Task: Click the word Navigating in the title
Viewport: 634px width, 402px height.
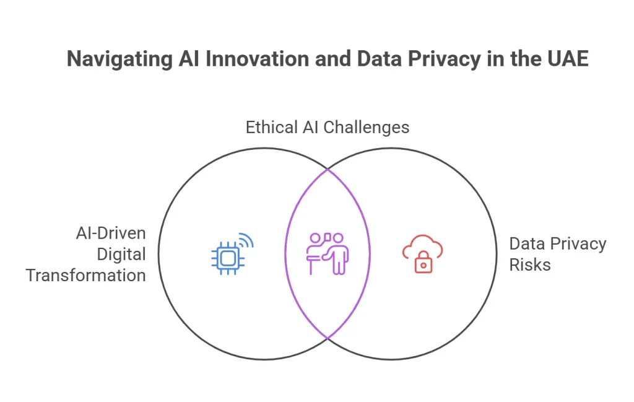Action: (119, 59)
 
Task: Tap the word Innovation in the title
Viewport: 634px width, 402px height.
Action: (257, 58)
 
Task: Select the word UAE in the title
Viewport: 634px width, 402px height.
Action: (568, 58)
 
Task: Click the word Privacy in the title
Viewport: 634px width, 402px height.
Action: (445, 59)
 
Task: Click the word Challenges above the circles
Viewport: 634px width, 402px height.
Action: (367, 128)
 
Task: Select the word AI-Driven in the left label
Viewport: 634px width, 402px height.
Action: (111, 234)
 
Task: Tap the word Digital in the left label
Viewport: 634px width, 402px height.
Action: (121, 255)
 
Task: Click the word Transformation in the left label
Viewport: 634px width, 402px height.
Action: (85, 276)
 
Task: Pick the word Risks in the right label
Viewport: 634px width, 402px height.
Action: (530, 265)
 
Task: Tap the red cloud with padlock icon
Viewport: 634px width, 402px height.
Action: (422, 254)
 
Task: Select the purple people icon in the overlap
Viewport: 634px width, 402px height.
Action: (328, 254)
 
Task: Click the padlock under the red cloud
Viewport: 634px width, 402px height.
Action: (423, 263)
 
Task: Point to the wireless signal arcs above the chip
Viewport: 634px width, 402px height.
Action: (246, 240)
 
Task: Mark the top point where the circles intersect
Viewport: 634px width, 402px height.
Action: (328, 169)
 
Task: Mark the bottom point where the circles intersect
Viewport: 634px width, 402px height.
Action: (328, 338)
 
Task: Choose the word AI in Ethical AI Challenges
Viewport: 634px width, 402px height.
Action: (311, 127)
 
